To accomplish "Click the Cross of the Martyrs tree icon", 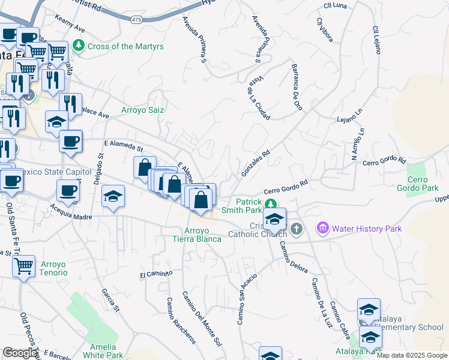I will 79,46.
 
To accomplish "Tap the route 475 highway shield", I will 136,20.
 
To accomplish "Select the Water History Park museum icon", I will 323,229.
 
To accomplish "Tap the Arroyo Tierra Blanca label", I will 202,235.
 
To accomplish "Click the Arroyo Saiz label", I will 142,110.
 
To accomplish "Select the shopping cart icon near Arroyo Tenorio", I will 23,266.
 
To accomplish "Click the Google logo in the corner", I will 20,353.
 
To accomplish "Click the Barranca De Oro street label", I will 297,86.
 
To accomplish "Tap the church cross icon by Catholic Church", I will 295,229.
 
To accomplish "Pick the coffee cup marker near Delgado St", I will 71,142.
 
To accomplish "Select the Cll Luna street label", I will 335,5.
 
